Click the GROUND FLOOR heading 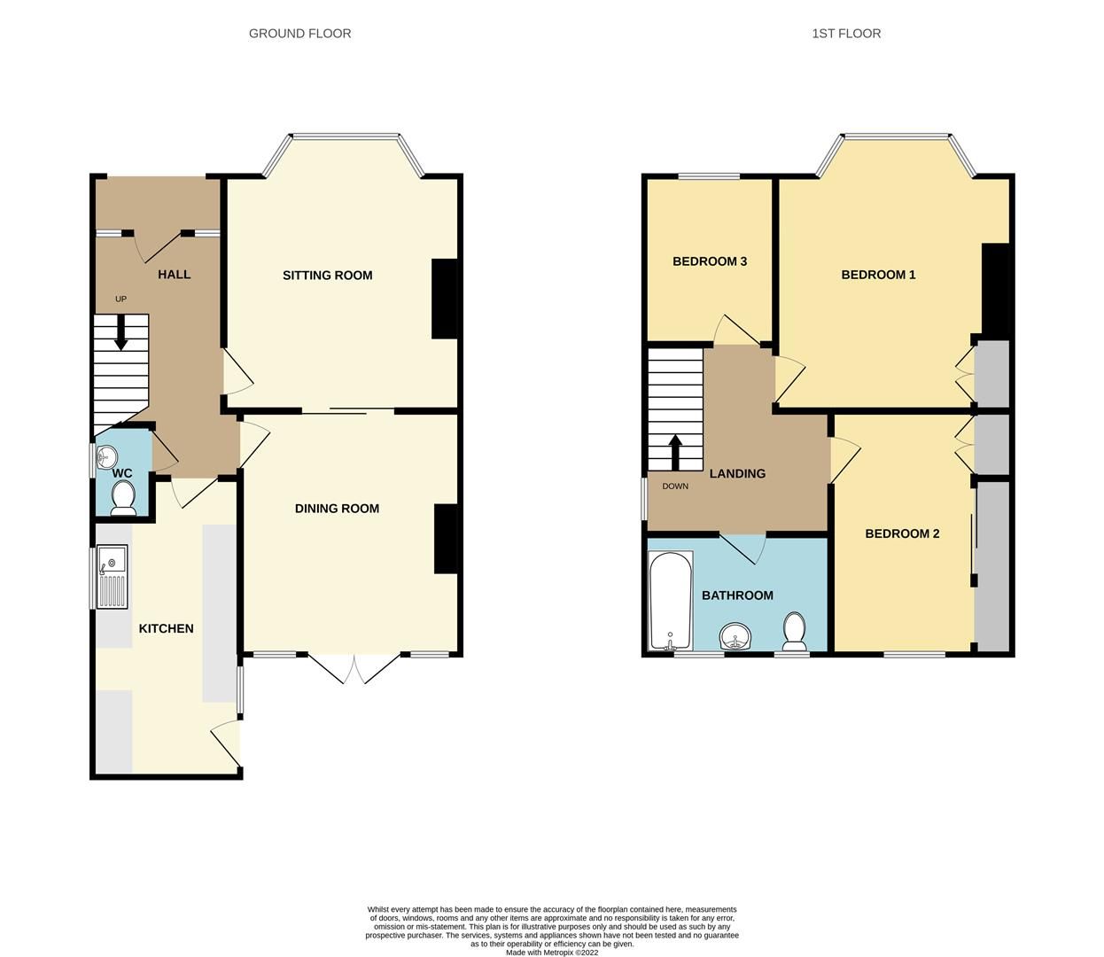(x=299, y=34)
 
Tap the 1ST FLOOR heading (x=846, y=34)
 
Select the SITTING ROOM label (x=328, y=276)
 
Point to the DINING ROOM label (x=337, y=509)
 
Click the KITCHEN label (x=166, y=628)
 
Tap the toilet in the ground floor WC (x=123, y=498)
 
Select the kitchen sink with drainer (x=113, y=577)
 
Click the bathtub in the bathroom (x=671, y=601)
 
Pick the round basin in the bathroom (x=735, y=637)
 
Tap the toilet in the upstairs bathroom (x=794, y=632)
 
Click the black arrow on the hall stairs (x=121, y=332)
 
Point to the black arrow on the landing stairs (x=676, y=452)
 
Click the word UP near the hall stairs (x=121, y=300)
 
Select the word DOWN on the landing (x=675, y=486)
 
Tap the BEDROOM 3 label (x=710, y=261)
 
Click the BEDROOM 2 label (x=902, y=533)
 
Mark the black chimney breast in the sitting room (x=445, y=299)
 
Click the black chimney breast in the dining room (x=446, y=539)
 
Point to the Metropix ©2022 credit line (x=552, y=953)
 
